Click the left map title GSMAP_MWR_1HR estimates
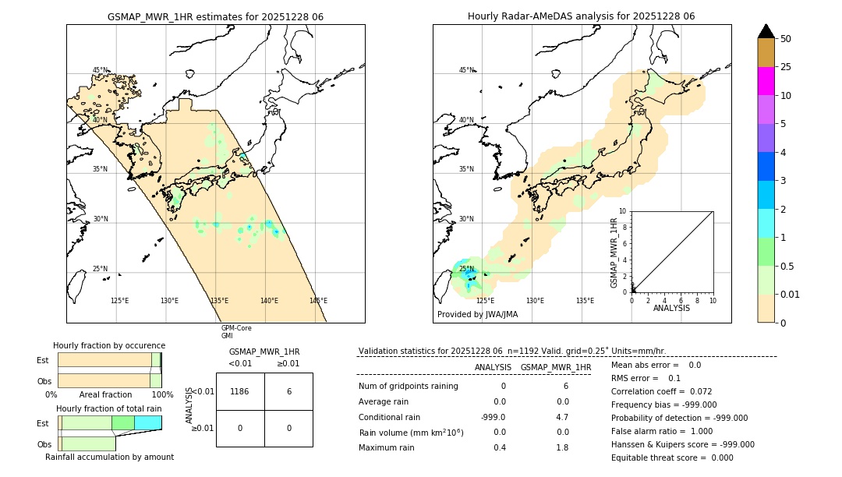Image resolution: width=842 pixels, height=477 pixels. pyautogui.click(x=215, y=16)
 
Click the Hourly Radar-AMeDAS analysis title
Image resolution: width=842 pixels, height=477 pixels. pyautogui.click(x=581, y=16)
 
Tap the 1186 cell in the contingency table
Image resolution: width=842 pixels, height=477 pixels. pyautogui.click(x=240, y=392)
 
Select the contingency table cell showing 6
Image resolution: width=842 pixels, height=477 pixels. pyautogui.click(x=288, y=392)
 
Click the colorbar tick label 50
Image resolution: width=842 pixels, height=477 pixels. pyautogui.click(x=786, y=38)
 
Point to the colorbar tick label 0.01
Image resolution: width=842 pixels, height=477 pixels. pyautogui.click(x=790, y=294)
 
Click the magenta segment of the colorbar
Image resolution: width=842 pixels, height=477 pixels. pyautogui.click(x=766, y=81)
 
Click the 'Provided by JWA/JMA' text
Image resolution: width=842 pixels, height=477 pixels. pyautogui.click(x=477, y=315)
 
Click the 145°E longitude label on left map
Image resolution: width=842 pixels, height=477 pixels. pyautogui.click(x=318, y=301)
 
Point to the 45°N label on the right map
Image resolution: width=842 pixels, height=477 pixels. pyautogui.click(x=466, y=70)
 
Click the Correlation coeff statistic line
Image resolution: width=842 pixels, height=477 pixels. pyautogui.click(x=661, y=391)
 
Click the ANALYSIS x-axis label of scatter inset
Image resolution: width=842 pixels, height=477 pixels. pyautogui.click(x=671, y=309)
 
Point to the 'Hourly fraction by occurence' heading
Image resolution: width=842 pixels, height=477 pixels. pyautogui.click(x=109, y=345)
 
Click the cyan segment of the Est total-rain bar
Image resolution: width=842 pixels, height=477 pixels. pyautogui.click(x=147, y=422)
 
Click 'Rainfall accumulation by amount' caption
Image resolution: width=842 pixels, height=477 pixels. pyautogui.click(x=109, y=458)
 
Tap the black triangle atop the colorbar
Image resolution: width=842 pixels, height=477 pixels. pyautogui.click(x=766, y=31)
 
